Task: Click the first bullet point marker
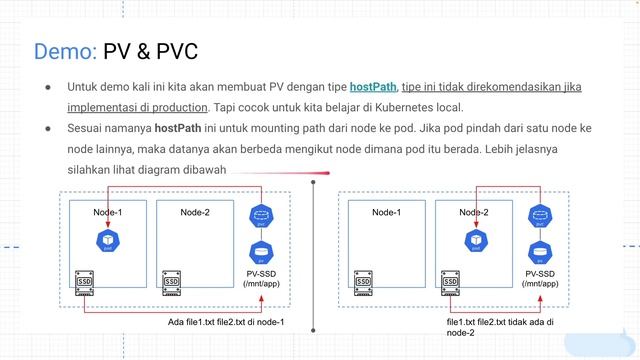47,87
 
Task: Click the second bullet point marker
47,129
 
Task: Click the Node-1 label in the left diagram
107,212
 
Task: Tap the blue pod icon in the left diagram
103,239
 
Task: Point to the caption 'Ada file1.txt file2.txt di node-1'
226,322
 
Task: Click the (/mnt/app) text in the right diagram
541,284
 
